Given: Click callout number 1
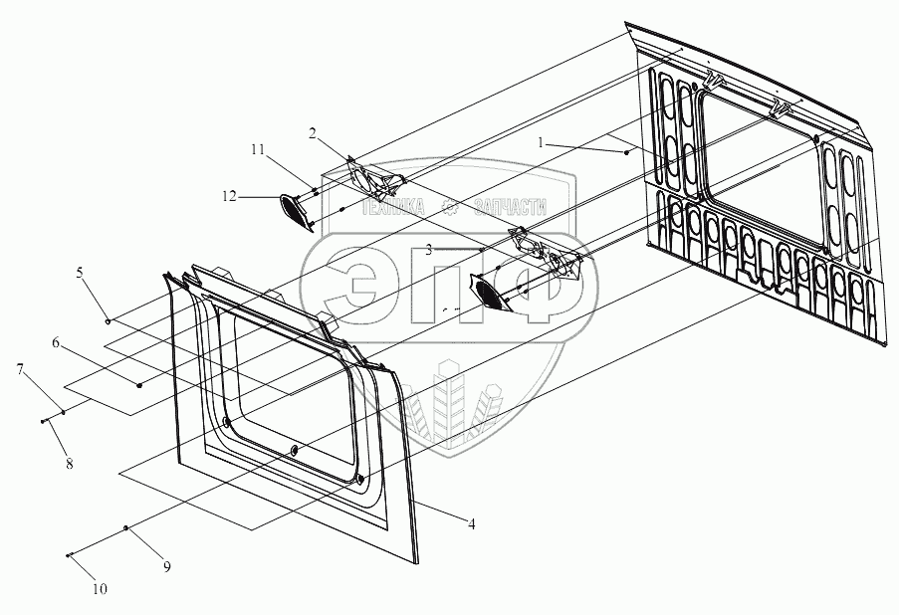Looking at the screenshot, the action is coord(541,142).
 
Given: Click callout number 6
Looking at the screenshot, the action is coord(56,342).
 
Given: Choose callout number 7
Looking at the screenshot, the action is coord(19,369).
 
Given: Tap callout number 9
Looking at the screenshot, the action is coord(167,567).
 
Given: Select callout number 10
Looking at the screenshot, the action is coord(100,589).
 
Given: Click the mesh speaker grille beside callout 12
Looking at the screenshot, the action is coord(295,210).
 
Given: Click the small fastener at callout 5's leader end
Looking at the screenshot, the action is coord(108,319).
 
